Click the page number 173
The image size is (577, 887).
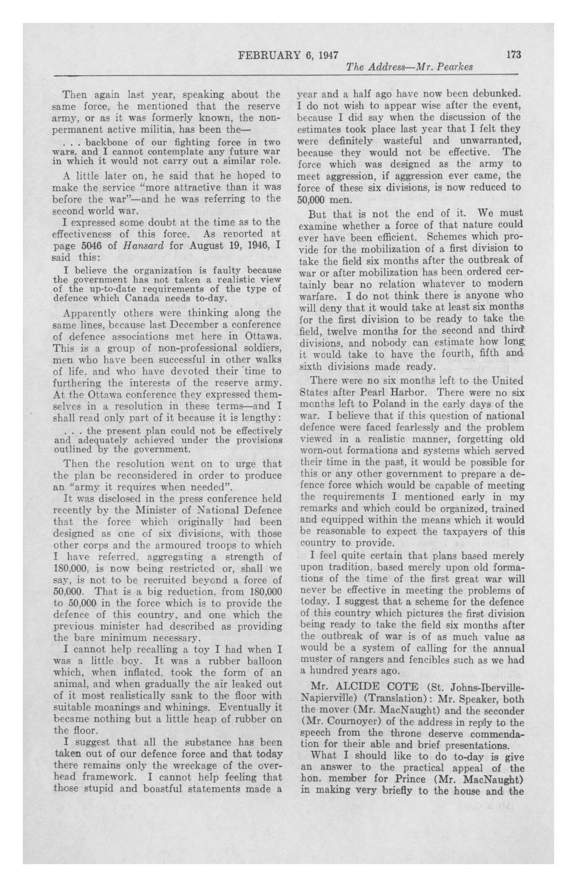point(513,55)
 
